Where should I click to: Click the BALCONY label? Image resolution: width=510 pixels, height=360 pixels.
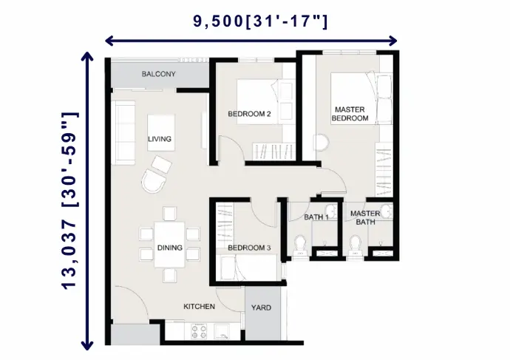click(x=158, y=74)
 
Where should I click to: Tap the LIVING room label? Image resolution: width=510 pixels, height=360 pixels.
click(x=160, y=139)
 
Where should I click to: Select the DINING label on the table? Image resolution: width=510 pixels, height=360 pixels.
click(x=169, y=248)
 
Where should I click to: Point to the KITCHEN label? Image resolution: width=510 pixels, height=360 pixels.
click(x=199, y=306)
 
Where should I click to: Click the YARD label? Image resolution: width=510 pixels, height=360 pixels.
click(x=261, y=308)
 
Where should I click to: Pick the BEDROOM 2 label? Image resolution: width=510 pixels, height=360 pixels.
click(x=249, y=114)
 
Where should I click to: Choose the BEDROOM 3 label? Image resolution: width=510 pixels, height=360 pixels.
click(x=249, y=248)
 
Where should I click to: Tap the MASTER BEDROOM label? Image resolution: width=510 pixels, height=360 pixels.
click(x=350, y=114)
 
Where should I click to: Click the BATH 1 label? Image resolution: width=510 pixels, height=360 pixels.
click(x=316, y=217)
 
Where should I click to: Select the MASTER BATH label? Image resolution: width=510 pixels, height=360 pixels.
click(x=365, y=217)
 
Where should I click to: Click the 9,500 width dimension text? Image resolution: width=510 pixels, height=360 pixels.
click(x=260, y=21)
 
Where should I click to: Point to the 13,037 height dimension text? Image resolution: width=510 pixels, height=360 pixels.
click(x=69, y=200)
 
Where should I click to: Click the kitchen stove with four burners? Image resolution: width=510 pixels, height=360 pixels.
click(x=199, y=331)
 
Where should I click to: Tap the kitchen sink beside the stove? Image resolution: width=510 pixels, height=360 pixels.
click(x=222, y=331)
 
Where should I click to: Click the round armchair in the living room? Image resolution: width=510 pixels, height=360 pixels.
click(x=153, y=181)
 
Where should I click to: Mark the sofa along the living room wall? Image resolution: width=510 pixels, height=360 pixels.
click(x=123, y=132)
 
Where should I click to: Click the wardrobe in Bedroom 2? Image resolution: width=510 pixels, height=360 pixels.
click(x=273, y=152)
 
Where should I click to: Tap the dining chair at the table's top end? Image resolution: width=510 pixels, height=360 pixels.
click(x=170, y=214)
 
